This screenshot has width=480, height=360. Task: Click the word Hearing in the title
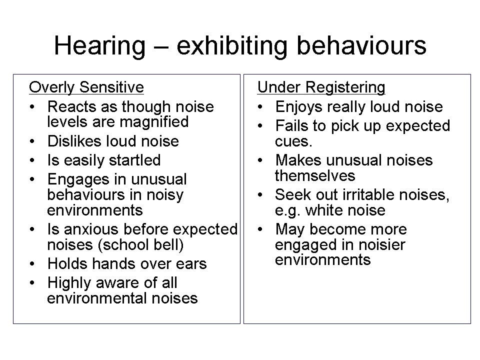(x=99, y=46)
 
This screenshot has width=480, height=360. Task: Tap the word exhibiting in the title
(x=232, y=46)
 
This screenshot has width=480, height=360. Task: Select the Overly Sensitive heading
(x=86, y=87)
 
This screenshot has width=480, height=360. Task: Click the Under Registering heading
(x=321, y=87)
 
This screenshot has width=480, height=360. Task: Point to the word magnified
(x=153, y=122)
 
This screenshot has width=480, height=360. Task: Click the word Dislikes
(x=74, y=141)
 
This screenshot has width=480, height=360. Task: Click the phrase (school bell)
(x=140, y=245)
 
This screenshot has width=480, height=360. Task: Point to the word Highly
(x=69, y=283)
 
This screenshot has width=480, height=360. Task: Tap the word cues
(x=293, y=141)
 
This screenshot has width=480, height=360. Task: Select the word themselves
(x=315, y=175)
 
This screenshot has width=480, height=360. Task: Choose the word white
(x=325, y=210)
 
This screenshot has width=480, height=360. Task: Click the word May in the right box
(x=290, y=230)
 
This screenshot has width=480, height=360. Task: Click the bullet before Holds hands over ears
(x=32, y=263)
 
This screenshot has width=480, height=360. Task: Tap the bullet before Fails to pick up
(x=260, y=126)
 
